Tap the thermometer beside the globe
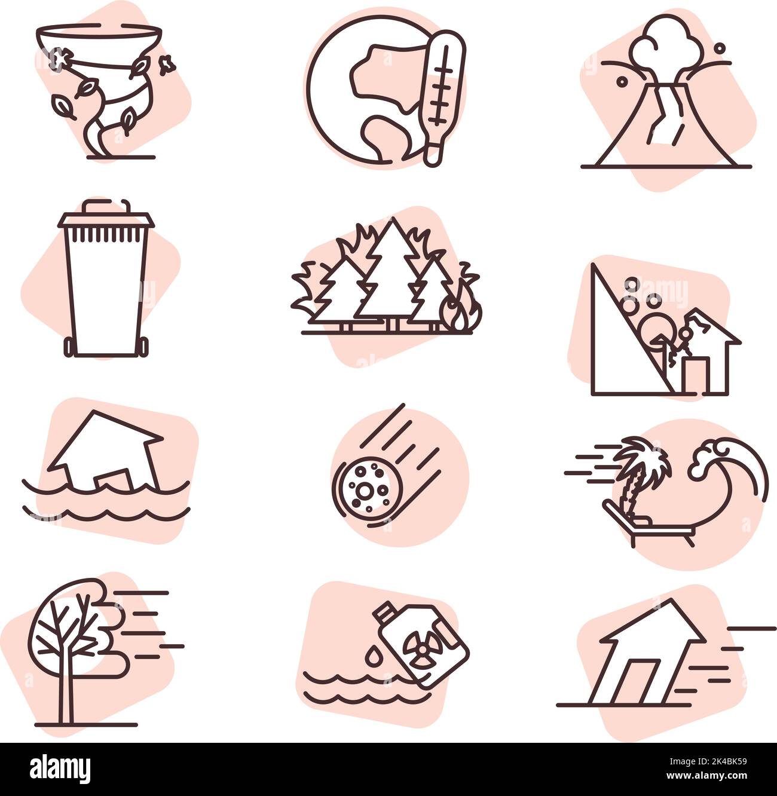(x=440, y=99)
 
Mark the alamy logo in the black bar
(x=60, y=769)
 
